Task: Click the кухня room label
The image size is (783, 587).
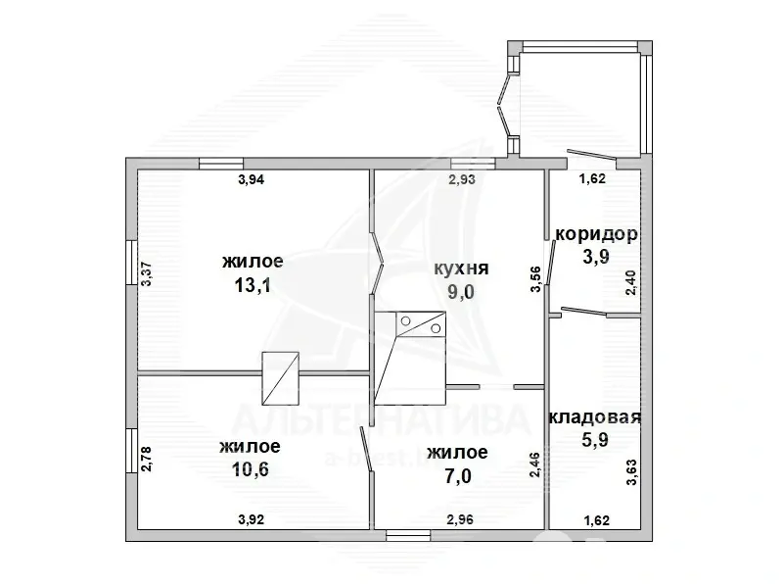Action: coord(461,269)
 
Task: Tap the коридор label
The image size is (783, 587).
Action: coord(596,234)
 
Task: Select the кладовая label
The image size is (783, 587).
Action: coord(594,417)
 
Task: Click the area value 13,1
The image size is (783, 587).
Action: coord(253,285)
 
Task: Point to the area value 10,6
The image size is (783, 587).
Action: coord(251,469)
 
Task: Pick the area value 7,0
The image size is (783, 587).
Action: coord(459,476)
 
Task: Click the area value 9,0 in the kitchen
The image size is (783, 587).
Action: coord(461,292)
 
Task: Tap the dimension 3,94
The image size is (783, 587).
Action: coord(252,179)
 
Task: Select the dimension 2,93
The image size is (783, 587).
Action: coord(462,179)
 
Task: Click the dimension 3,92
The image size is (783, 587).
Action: coord(252,520)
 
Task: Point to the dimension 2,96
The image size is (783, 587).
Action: coord(460,520)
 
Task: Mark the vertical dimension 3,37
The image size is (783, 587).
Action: coord(146,274)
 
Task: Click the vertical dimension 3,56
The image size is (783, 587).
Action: coord(534,279)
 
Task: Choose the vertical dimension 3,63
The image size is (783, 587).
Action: coord(631,472)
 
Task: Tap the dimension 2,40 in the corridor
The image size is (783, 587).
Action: coord(631,282)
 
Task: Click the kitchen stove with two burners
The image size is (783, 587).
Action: coord(421,324)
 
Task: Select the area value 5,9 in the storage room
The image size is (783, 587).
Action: coord(595,441)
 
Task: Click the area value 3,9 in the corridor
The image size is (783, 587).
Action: coord(596,257)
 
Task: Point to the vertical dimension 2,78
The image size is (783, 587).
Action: coord(146,459)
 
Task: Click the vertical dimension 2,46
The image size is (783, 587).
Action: coord(534,464)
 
